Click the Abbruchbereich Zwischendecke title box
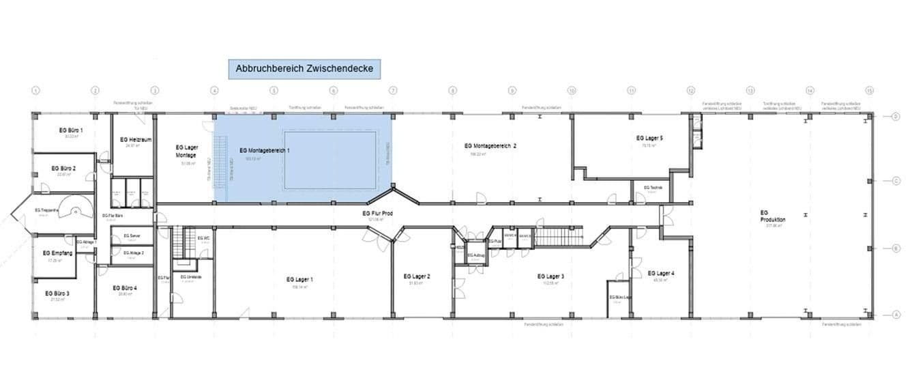point(304,69)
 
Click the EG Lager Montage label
point(186,151)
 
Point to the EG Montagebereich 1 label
point(265,149)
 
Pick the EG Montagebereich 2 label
point(490,145)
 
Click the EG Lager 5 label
point(649,138)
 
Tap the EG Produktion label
point(773,216)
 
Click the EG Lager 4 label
point(661,273)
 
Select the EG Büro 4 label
point(126,288)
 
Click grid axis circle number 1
point(36,90)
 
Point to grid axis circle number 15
point(869,90)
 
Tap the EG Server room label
point(132,236)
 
